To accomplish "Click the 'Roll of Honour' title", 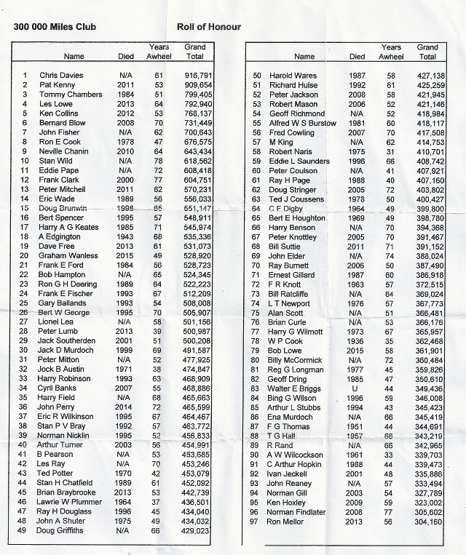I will (x=209, y=27).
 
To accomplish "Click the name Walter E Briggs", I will (x=294, y=390).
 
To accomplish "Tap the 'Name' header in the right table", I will (x=304, y=55).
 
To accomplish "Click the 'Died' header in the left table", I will (x=126, y=55).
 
